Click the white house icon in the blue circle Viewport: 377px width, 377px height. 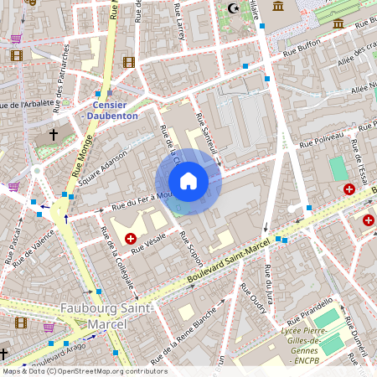tap(188, 181)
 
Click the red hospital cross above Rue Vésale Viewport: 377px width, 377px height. tap(131, 239)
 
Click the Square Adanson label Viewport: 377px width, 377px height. tap(102, 167)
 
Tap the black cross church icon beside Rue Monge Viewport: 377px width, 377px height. tap(54, 133)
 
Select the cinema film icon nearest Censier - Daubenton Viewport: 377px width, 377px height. tap(128, 62)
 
